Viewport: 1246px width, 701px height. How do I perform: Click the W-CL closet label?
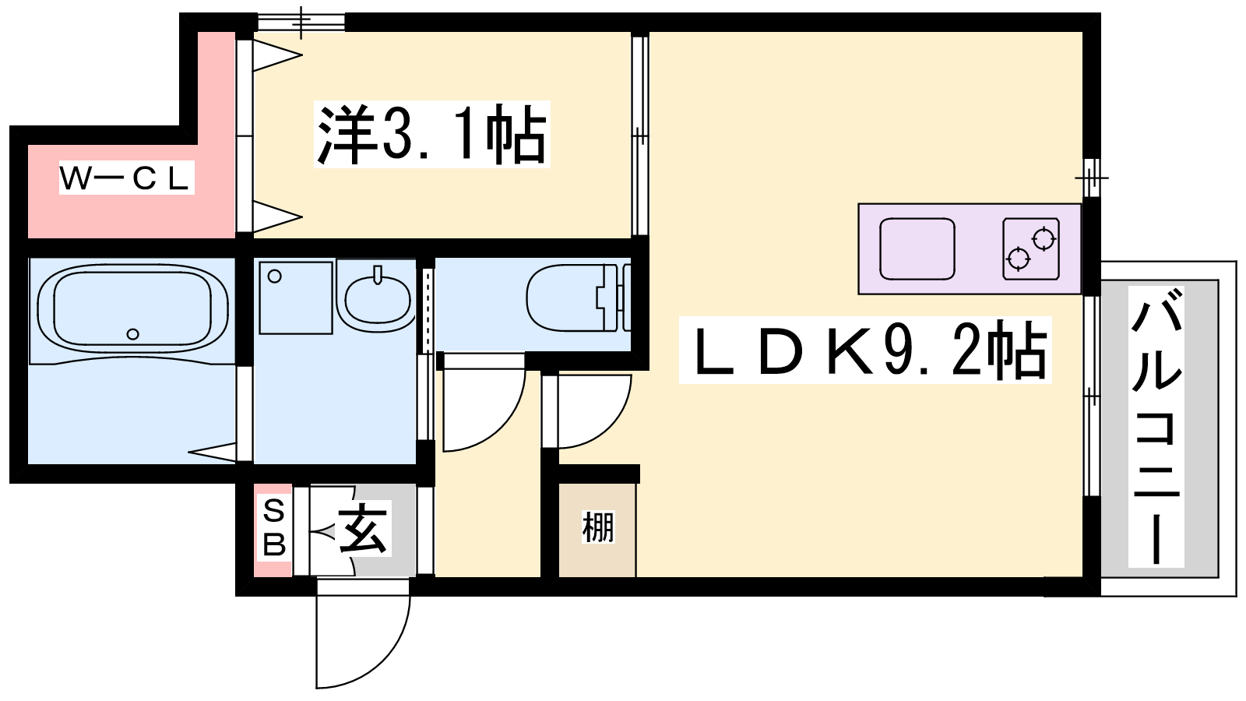[127, 178]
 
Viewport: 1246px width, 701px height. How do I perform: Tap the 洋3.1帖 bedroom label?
[432, 134]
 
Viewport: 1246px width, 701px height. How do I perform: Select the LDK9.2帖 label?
[865, 350]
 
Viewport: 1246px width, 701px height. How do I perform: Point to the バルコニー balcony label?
[1156, 427]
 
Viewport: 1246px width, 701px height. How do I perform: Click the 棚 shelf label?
[598, 527]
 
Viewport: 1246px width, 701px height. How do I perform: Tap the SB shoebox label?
[273, 528]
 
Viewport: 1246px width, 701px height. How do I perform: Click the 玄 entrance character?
[363, 529]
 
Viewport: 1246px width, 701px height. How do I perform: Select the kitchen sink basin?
[917, 248]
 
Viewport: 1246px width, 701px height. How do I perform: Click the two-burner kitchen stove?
[1031, 248]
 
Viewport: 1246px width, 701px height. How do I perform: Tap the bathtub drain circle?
[132, 334]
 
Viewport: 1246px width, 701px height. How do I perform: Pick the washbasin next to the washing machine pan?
[378, 297]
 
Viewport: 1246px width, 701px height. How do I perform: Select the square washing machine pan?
[296, 298]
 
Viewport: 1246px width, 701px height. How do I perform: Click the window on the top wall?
[301, 23]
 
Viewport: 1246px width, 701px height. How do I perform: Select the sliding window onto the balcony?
[1091, 396]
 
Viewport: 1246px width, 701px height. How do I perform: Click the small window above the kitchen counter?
[1092, 178]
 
